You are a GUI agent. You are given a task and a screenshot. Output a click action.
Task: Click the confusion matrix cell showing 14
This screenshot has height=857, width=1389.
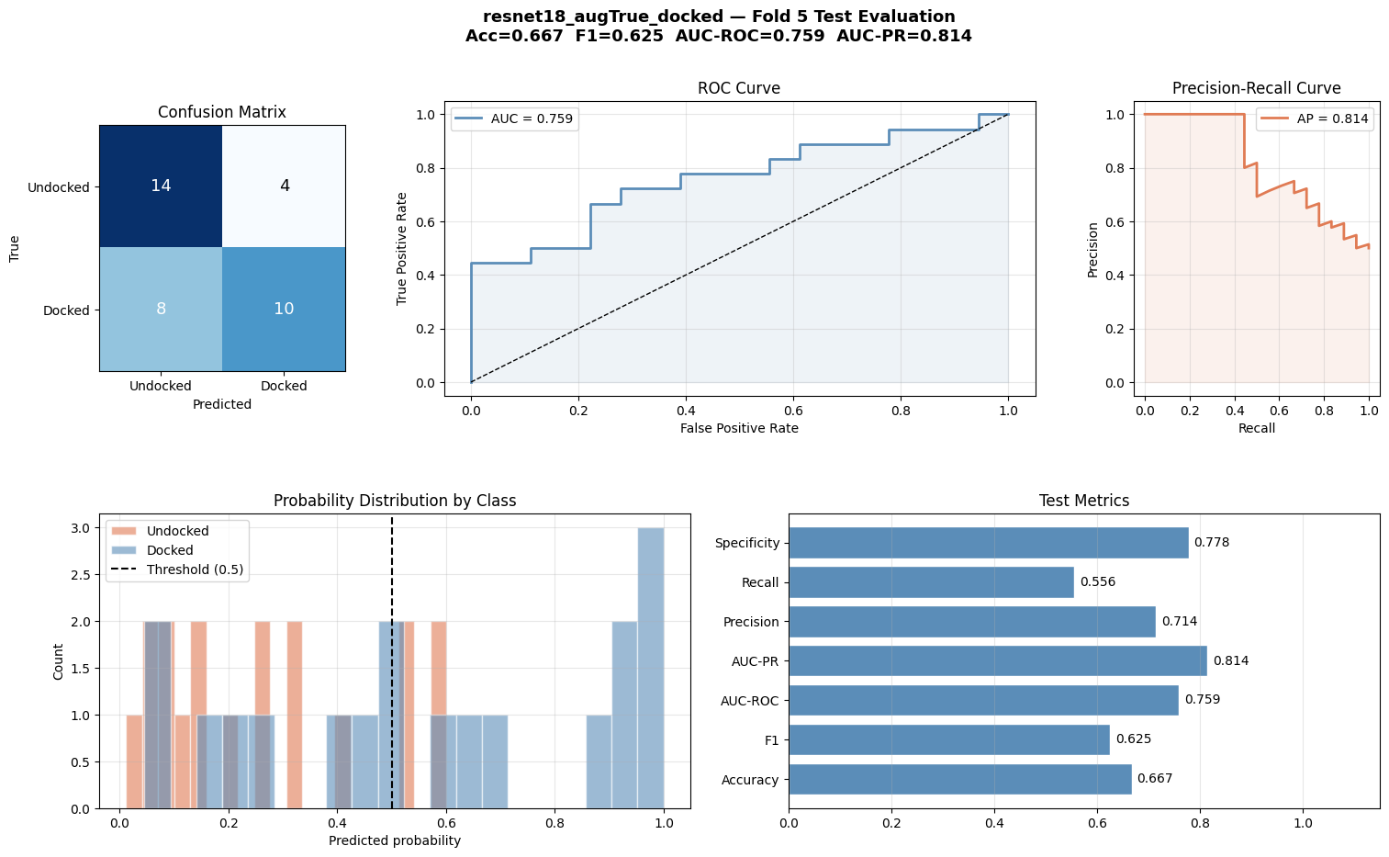tap(161, 186)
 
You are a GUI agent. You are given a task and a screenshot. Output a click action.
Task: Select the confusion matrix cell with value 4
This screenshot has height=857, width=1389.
tap(284, 186)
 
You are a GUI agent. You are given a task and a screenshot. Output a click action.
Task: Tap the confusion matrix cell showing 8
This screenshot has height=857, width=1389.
tap(161, 309)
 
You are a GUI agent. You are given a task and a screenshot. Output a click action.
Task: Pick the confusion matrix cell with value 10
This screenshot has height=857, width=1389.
tap(284, 309)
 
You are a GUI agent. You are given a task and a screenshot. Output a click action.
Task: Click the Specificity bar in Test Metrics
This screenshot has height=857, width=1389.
tap(988, 543)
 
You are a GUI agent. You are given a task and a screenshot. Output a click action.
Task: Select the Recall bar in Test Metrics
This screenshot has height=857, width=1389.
tap(931, 582)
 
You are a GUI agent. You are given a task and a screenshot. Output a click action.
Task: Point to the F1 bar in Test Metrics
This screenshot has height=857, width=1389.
tap(948, 739)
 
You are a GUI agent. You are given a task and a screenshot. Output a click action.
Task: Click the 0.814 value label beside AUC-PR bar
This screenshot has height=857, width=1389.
tap(1230, 661)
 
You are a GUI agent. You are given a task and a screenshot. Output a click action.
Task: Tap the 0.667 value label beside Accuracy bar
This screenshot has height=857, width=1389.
tap(1154, 779)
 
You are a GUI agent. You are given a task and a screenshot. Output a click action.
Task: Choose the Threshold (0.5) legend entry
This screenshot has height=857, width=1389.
tap(195, 569)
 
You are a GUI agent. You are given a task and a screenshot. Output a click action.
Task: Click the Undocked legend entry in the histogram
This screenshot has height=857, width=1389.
tap(177, 531)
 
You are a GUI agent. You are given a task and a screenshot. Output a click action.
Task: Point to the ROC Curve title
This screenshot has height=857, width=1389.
tap(738, 89)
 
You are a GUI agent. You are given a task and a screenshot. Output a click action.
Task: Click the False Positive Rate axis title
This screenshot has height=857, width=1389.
tap(738, 428)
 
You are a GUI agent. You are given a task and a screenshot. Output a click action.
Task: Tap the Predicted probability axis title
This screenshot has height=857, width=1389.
tap(394, 840)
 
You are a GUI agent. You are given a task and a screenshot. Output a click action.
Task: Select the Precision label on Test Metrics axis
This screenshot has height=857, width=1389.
tap(750, 622)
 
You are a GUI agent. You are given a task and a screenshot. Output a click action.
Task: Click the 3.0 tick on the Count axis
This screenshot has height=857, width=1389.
tap(81, 528)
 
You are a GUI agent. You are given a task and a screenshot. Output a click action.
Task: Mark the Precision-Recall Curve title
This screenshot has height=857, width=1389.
tap(1256, 89)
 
